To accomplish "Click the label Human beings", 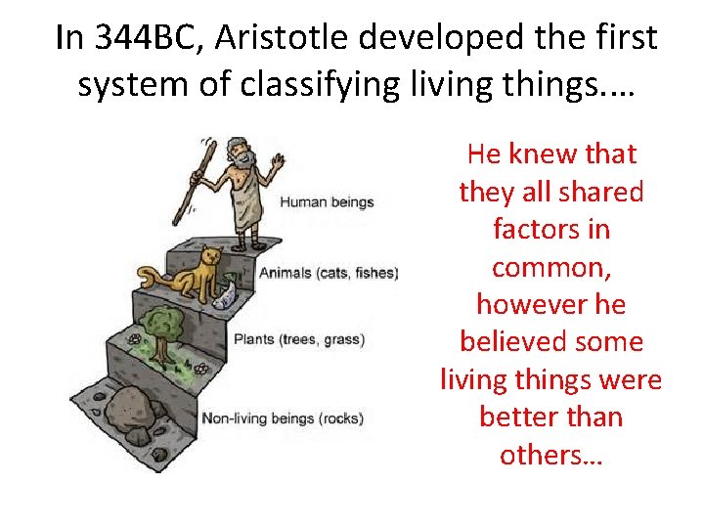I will click(327, 202).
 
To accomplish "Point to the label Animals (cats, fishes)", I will click(329, 272).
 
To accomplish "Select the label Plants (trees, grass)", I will click(298, 340).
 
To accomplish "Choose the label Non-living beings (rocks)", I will click(282, 418).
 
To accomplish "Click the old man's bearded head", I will click(239, 154).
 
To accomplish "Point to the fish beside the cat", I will click(226, 290).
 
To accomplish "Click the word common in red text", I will click(550, 267).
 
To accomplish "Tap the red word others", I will click(550, 455).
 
